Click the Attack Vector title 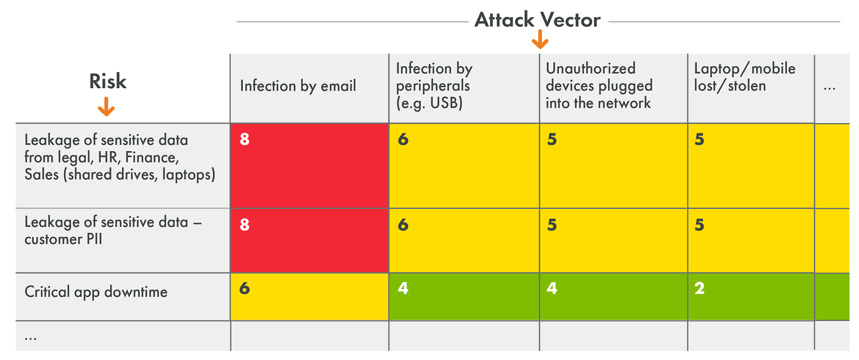[x=538, y=20]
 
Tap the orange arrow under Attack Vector [x=540, y=39]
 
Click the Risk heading [x=108, y=81]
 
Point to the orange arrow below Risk [x=106, y=106]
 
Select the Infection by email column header [x=298, y=86]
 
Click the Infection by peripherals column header [x=434, y=85]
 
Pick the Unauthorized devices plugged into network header [x=599, y=85]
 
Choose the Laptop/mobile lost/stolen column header [x=744, y=77]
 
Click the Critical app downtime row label [x=96, y=292]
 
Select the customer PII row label [x=113, y=231]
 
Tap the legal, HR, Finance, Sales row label [x=120, y=157]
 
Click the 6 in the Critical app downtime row [x=245, y=288]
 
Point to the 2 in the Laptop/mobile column [x=699, y=288]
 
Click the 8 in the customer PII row [x=245, y=225]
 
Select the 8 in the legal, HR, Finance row [x=245, y=139]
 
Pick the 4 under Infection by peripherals [x=403, y=288]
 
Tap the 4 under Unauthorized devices [x=552, y=288]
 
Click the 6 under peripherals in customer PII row [x=403, y=225]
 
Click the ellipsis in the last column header [x=829, y=89]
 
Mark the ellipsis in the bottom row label [x=31, y=338]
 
